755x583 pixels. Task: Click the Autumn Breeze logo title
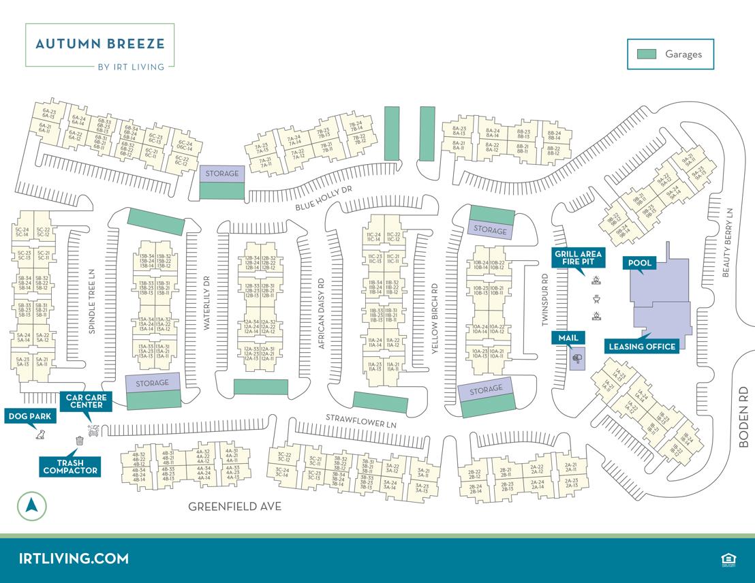pyautogui.click(x=99, y=44)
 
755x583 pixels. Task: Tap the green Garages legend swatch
pyautogui.click(x=646, y=54)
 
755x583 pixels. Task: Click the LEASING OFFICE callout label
pyautogui.click(x=642, y=347)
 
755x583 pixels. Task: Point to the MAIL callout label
pyautogui.click(x=568, y=337)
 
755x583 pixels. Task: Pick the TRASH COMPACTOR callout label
pyautogui.click(x=70, y=467)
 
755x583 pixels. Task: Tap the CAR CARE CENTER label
pyautogui.click(x=85, y=401)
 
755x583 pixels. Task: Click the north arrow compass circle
pyautogui.click(x=31, y=506)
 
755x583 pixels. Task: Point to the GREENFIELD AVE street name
pyautogui.click(x=234, y=507)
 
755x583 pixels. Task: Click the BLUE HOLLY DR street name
pyautogui.click(x=323, y=198)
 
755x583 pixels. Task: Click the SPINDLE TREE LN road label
pyautogui.click(x=92, y=300)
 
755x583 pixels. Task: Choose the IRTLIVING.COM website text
pyautogui.click(x=74, y=558)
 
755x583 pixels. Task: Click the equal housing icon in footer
pyautogui.click(x=727, y=559)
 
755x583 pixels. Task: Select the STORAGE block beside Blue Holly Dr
pyautogui.click(x=222, y=174)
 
